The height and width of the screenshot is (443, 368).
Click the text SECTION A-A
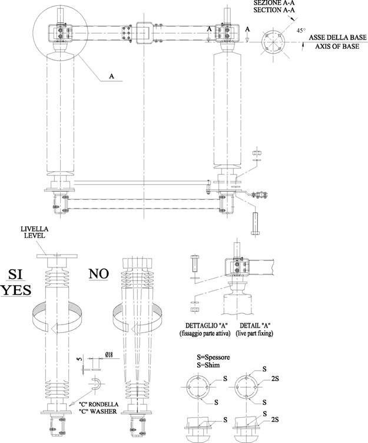(x=274, y=10)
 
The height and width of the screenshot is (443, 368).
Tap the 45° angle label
(x=301, y=31)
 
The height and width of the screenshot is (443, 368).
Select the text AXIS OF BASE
(x=337, y=47)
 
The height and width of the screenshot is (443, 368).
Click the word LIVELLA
(x=35, y=229)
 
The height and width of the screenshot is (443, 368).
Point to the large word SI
(x=15, y=274)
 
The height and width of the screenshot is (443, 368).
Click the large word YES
(x=16, y=290)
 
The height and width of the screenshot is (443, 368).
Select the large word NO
(x=98, y=273)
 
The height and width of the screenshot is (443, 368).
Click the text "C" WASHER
(x=98, y=411)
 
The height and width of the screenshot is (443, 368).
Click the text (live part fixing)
(x=254, y=333)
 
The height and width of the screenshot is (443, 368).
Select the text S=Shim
(x=208, y=365)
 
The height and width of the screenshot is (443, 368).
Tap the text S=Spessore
(x=213, y=357)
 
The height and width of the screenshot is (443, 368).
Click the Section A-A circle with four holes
(x=273, y=42)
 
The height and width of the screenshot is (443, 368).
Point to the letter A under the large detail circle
(x=112, y=76)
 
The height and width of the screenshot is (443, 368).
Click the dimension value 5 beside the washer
(x=79, y=359)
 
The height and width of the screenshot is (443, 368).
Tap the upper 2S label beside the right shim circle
(x=275, y=379)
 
